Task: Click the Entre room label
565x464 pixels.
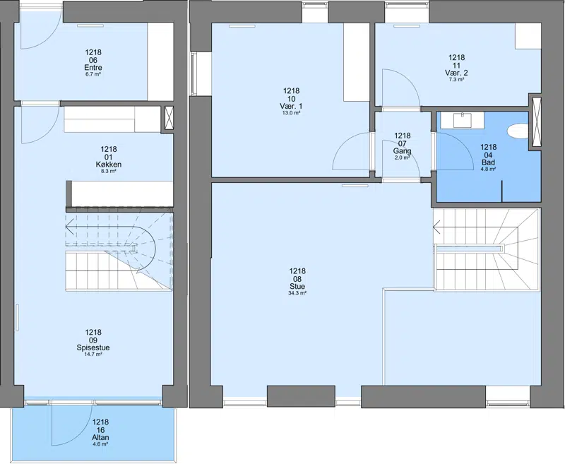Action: tap(93, 68)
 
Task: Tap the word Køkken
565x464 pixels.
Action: tap(109, 165)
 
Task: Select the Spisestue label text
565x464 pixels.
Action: tap(93, 348)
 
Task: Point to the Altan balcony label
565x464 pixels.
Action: tap(100, 438)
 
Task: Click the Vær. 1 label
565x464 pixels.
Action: tap(291, 107)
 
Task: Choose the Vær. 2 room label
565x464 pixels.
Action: tap(456, 73)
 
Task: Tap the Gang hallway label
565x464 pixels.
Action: tap(403, 151)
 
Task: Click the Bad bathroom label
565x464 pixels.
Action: tap(488, 162)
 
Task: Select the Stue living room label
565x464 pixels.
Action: tap(297, 287)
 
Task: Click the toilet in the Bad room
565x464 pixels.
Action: tap(518, 131)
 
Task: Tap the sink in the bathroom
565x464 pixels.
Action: tap(463, 120)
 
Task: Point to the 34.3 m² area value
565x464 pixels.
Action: tap(297, 294)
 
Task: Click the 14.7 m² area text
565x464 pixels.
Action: tap(93, 355)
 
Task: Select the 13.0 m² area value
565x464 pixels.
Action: tap(291, 113)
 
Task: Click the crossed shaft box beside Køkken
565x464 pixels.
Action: tap(169, 118)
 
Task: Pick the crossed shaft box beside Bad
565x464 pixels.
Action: tap(537, 122)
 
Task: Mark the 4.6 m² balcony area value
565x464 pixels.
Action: tap(100, 444)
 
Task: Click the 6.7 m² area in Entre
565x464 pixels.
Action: tap(93, 74)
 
